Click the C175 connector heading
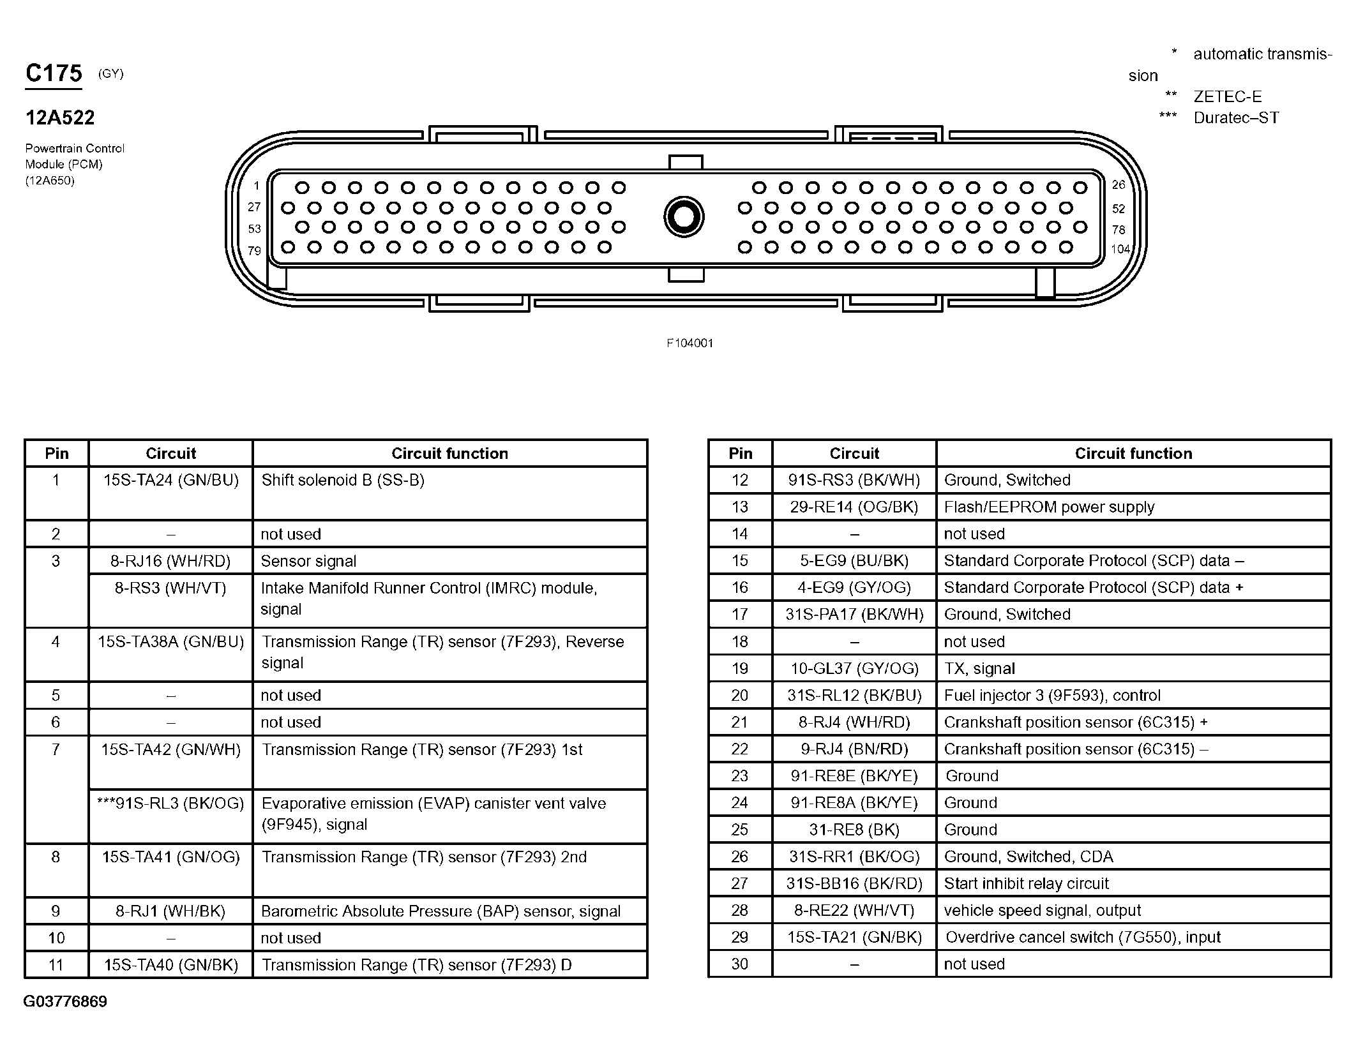click(54, 74)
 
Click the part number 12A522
click(60, 118)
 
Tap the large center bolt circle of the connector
click(684, 217)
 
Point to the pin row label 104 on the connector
click(1120, 250)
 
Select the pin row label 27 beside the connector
click(254, 207)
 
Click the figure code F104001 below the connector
click(689, 343)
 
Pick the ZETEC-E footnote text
click(1227, 97)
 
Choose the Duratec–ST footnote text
click(1236, 118)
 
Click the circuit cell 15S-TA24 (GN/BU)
click(171, 480)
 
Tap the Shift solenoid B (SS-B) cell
click(343, 480)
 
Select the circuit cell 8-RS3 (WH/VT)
click(170, 588)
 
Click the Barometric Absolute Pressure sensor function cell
click(441, 911)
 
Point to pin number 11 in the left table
click(56, 965)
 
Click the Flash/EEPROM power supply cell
click(1049, 507)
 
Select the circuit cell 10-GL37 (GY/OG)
click(854, 669)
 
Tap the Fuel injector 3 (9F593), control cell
click(1052, 696)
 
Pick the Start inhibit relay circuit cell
click(1026, 884)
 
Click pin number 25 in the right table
click(740, 830)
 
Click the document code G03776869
click(65, 1001)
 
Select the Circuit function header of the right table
click(1133, 454)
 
